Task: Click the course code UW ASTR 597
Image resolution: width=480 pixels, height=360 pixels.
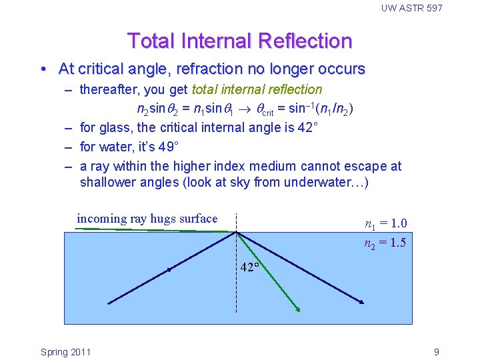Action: [411, 8]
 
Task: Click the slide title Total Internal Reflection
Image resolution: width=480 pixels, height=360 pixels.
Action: [239, 41]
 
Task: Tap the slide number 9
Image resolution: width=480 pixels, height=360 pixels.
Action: [436, 352]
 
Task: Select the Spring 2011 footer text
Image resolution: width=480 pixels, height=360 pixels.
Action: [65, 352]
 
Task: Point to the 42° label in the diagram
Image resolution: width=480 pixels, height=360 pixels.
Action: [250, 267]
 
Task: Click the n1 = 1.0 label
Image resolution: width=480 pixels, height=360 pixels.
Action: [385, 224]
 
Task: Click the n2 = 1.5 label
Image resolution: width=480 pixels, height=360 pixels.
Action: [385, 243]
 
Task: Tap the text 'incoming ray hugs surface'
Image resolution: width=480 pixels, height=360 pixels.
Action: [147, 219]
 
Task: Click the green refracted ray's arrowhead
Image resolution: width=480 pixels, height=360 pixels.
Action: [298, 309]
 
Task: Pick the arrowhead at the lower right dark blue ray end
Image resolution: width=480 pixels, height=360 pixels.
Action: [362, 303]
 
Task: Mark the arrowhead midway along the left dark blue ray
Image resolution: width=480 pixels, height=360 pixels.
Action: [169, 270]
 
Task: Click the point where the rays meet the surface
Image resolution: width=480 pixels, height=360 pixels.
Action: [236, 232]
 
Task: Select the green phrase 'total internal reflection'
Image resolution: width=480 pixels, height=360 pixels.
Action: [257, 89]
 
